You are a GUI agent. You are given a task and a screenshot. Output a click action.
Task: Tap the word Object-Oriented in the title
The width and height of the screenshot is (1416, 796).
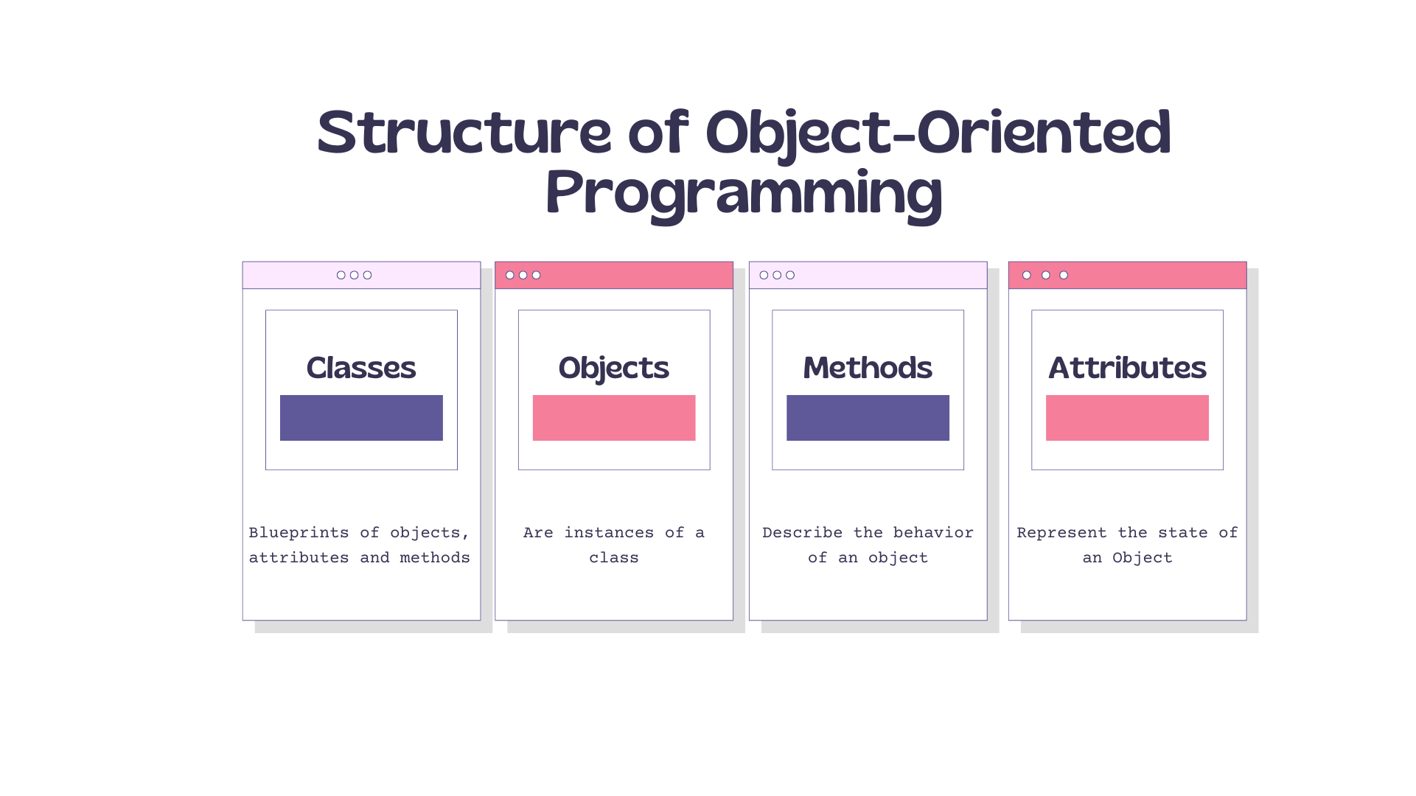click(938, 133)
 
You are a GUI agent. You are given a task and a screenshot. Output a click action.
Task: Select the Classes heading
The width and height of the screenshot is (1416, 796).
click(361, 367)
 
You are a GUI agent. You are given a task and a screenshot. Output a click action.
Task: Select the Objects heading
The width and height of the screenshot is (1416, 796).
click(613, 367)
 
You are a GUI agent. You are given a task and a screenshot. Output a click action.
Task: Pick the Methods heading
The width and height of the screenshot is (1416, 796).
click(868, 367)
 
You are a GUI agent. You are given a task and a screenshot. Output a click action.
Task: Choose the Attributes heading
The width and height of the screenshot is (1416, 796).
click(1127, 367)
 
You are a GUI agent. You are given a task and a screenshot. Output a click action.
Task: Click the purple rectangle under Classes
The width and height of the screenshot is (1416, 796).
click(361, 418)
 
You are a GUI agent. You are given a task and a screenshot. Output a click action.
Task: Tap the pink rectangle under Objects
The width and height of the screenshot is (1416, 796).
click(614, 418)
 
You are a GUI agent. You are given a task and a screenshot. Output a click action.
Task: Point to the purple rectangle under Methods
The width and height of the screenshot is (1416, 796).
click(868, 418)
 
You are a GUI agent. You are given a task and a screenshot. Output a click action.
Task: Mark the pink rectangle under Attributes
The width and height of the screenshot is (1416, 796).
click(1127, 418)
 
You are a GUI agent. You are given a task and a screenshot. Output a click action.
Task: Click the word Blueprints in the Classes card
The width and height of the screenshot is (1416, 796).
click(299, 533)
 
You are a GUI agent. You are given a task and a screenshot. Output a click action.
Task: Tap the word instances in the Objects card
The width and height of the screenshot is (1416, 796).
click(609, 533)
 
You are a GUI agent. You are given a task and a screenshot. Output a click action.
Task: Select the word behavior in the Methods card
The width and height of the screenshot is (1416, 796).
click(933, 533)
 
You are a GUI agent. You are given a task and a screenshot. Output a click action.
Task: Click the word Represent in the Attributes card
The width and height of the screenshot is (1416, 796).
click(1061, 533)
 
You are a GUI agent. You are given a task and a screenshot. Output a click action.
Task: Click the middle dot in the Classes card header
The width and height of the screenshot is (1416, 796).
click(355, 275)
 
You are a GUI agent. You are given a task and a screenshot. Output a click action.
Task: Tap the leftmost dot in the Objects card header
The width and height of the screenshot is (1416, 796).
click(510, 275)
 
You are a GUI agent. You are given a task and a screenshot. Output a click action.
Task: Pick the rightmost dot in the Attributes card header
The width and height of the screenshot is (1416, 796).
click(1064, 275)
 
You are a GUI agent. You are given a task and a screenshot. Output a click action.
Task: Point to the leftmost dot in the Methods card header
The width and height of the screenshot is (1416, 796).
click(764, 275)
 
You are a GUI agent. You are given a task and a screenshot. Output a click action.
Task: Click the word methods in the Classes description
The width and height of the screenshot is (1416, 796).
click(435, 558)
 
